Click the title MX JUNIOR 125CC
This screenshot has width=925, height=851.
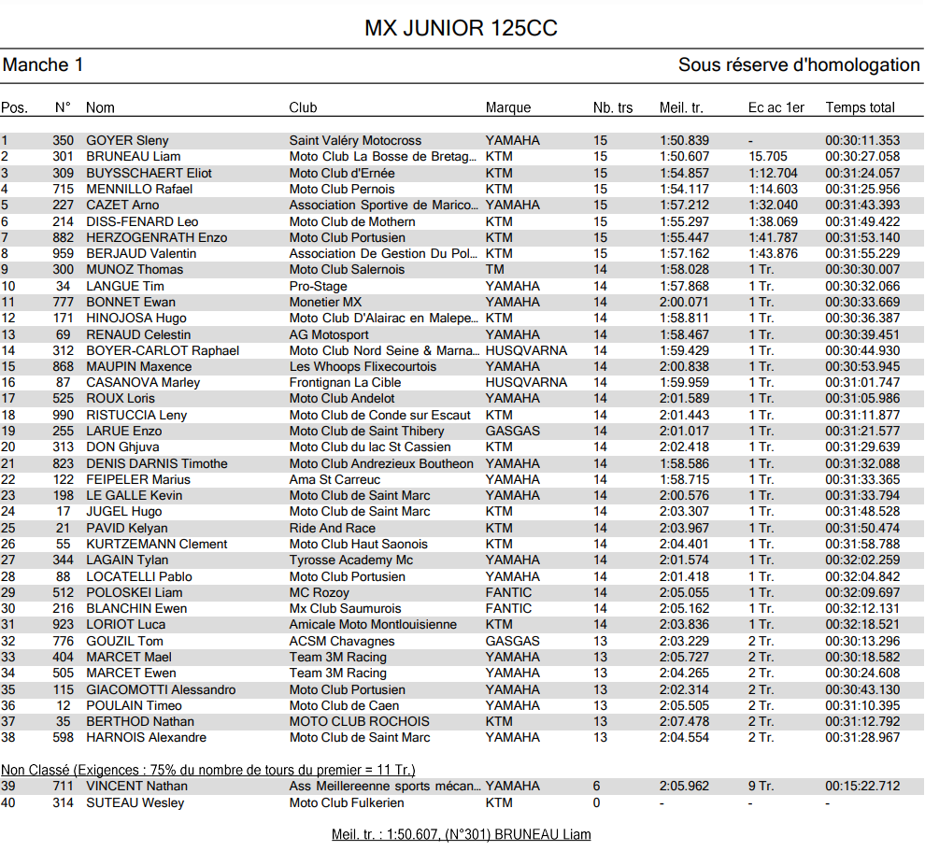(461, 29)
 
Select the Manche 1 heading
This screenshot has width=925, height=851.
(43, 65)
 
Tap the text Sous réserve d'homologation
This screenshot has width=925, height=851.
(799, 65)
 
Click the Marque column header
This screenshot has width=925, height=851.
(508, 107)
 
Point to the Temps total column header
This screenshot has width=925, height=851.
(860, 107)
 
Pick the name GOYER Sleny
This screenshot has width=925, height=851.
(127, 140)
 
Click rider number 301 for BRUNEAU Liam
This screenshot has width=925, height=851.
(63, 156)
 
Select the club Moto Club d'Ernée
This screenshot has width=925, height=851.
(342, 173)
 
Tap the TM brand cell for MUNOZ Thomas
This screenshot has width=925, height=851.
(495, 269)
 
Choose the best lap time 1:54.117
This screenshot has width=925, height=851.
(684, 189)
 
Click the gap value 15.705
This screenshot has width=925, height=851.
(768, 156)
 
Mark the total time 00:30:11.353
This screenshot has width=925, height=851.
(862, 140)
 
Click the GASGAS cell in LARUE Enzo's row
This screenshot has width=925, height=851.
(512, 431)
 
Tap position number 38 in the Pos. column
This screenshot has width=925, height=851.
(8, 737)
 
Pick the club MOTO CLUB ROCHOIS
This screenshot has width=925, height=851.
(360, 721)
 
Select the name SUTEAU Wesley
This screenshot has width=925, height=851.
(135, 802)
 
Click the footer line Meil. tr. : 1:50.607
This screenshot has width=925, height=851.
(462, 834)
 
